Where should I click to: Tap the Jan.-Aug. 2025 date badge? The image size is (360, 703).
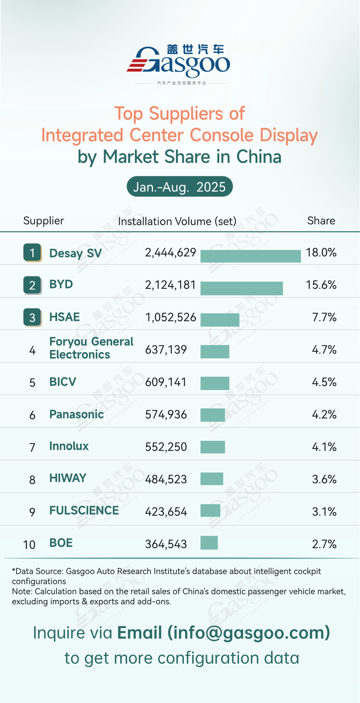tap(180, 187)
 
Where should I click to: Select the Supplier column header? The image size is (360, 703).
tap(44, 221)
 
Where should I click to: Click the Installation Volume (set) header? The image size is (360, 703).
tap(177, 221)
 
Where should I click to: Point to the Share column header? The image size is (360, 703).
tap(321, 221)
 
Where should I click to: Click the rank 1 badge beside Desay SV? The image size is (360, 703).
tap(32, 252)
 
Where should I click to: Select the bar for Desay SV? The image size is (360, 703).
tap(251, 256)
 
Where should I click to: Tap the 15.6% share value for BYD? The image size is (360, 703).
tap(321, 285)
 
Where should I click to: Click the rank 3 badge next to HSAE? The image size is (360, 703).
tap(32, 317)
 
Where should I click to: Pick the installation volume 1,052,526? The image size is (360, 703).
tap(171, 317)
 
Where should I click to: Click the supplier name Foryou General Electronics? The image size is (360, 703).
tap(91, 348)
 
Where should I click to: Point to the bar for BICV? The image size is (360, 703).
tap(215, 383)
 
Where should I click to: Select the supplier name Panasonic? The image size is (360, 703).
tap(76, 415)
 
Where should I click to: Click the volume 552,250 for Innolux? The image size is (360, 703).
tap(166, 447)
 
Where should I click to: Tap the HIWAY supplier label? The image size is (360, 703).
tap(68, 478)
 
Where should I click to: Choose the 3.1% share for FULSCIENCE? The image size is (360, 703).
tap(324, 512)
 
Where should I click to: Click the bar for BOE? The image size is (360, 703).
tap(209, 543)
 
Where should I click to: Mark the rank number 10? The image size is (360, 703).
tap(29, 545)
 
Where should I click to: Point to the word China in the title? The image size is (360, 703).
tap(259, 157)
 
